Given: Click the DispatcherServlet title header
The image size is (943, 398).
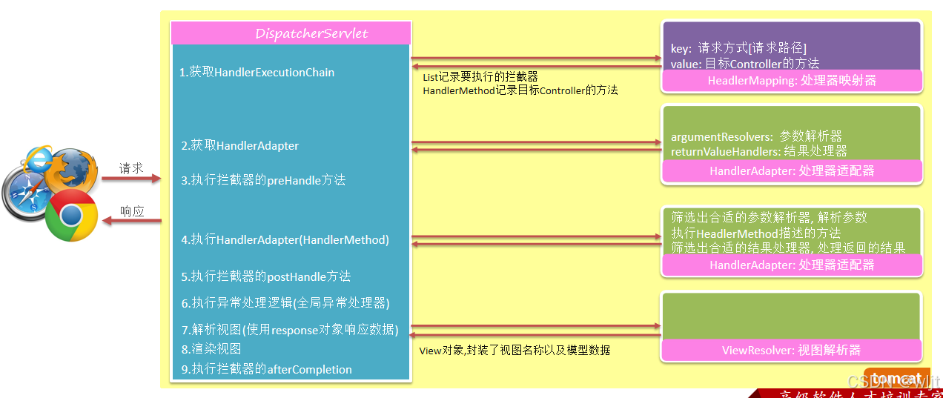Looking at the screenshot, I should (291, 33).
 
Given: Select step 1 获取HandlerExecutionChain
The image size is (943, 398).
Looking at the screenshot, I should (257, 73).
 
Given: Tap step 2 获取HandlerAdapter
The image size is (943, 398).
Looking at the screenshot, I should (239, 146).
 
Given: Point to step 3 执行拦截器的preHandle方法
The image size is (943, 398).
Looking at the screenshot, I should (263, 180).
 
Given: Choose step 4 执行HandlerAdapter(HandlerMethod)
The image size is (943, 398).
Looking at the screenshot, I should (285, 239).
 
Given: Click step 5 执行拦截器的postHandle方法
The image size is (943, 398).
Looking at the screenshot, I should (265, 276).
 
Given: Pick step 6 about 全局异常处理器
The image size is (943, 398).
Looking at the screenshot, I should (285, 303).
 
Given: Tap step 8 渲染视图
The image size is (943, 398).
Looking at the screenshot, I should (211, 349).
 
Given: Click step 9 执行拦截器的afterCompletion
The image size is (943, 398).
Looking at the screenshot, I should (266, 369).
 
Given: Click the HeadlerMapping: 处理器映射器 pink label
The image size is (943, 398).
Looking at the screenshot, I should (791, 80).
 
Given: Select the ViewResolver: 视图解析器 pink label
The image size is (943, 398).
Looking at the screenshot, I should (791, 350).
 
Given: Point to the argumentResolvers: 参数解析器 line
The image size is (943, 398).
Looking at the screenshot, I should (756, 136).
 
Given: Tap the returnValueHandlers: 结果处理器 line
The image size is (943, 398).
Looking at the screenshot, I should (758, 151).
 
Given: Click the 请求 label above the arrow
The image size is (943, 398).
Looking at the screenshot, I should (131, 168).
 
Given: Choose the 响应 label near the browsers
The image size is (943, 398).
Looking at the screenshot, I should (131, 211).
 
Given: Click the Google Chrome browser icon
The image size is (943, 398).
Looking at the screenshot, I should (71, 215).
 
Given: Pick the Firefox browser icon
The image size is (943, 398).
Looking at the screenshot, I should (74, 169).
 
